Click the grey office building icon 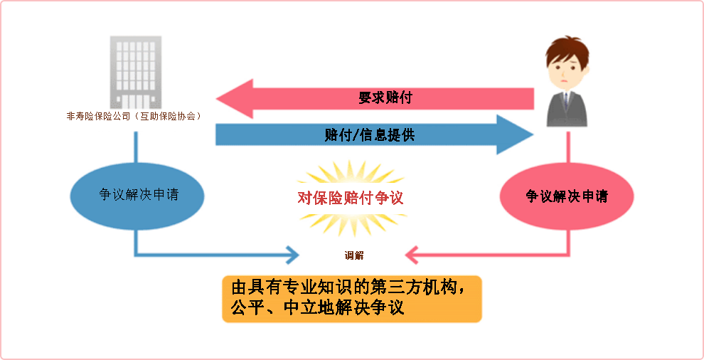point(136,73)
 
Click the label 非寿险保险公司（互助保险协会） point(134,117)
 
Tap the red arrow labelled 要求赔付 point(375,98)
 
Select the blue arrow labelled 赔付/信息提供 point(375,135)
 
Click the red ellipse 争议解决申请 point(567,196)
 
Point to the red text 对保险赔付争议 point(351,198)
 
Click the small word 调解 point(354,255)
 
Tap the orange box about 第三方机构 point(352,299)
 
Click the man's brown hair point(567,48)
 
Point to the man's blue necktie point(566,100)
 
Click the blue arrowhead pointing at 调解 point(293,255)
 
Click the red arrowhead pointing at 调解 point(411,255)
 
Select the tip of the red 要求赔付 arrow point(216,98)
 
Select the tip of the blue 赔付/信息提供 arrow point(533,135)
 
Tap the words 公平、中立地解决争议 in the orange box point(318,308)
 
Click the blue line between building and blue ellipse point(136,147)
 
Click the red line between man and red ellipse point(568,147)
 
